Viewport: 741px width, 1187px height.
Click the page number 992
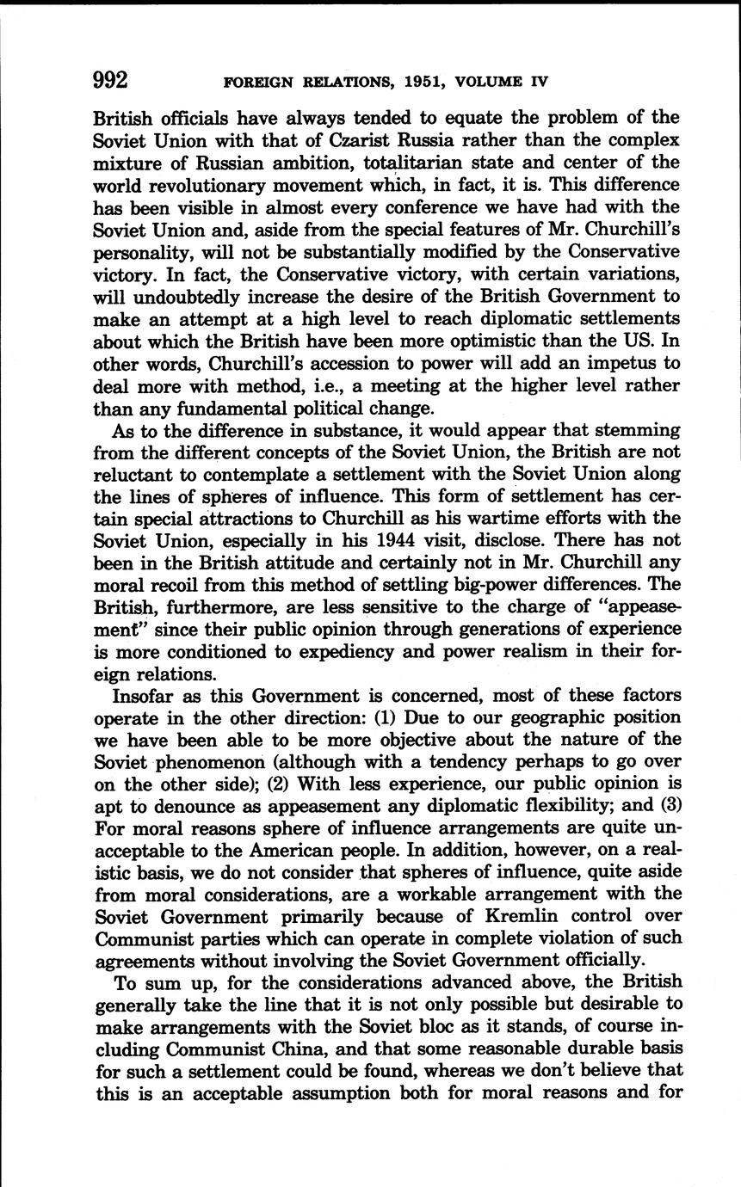pyautogui.click(x=111, y=81)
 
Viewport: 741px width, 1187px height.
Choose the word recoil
pyautogui.click(x=177, y=585)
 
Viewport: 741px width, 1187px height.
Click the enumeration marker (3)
pyautogui.click(x=668, y=807)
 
